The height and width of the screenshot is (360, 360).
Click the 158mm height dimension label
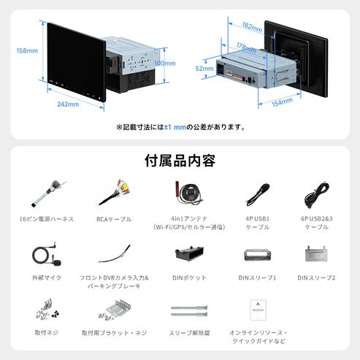coord(27,50)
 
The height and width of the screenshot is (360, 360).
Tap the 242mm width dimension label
coord(68,104)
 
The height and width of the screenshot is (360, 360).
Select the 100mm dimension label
coord(165,64)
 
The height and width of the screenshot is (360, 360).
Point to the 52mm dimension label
coord(204,69)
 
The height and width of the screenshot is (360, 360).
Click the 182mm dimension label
coord(252,27)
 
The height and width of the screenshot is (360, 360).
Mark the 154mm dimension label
coord(282,102)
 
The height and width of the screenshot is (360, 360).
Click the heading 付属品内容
coord(180,161)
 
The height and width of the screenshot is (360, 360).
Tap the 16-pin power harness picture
coord(49,194)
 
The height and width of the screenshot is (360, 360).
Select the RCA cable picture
coord(115,192)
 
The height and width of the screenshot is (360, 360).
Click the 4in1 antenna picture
coord(189,194)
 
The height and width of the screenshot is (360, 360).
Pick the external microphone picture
coord(46,254)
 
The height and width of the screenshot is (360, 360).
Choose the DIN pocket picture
coord(189,254)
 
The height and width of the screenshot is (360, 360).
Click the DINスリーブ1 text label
coord(257,277)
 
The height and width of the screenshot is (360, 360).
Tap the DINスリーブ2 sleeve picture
coord(316,253)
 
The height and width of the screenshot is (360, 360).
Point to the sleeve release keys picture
coord(189,311)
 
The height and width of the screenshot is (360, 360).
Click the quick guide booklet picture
coord(258,310)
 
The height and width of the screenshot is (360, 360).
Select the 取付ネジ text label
coord(47,332)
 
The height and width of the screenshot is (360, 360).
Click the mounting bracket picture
coord(115,310)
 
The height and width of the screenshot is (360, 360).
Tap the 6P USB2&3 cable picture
coord(316,195)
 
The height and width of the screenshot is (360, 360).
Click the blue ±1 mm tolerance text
coord(175,127)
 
